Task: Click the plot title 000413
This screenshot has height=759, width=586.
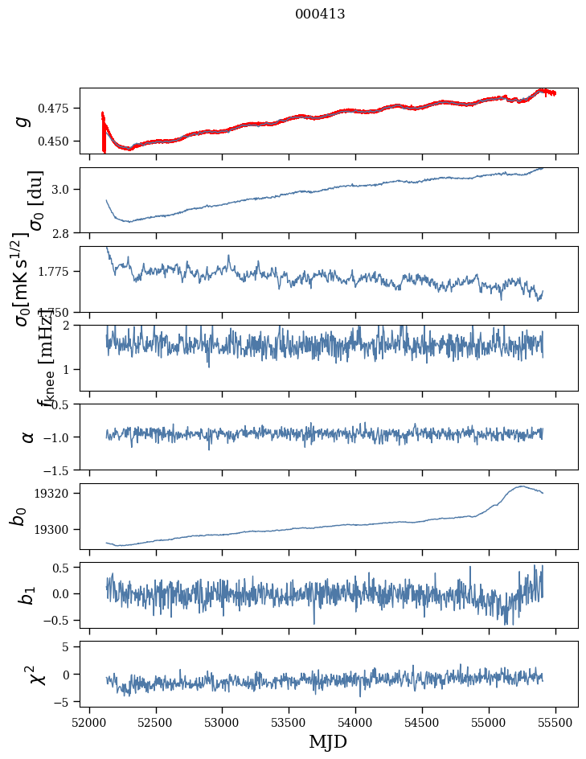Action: pyautogui.click(x=320, y=14)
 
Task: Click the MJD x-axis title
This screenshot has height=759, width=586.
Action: pyautogui.click(x=328, y=741)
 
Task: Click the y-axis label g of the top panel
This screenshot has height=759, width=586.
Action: pyautogui.click(x=23, y=121)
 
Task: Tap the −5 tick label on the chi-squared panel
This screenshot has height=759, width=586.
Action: pyautogui.click(x=64, y=702)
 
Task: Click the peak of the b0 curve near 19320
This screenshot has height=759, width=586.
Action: pyautogui.click(x=522, y=486)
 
